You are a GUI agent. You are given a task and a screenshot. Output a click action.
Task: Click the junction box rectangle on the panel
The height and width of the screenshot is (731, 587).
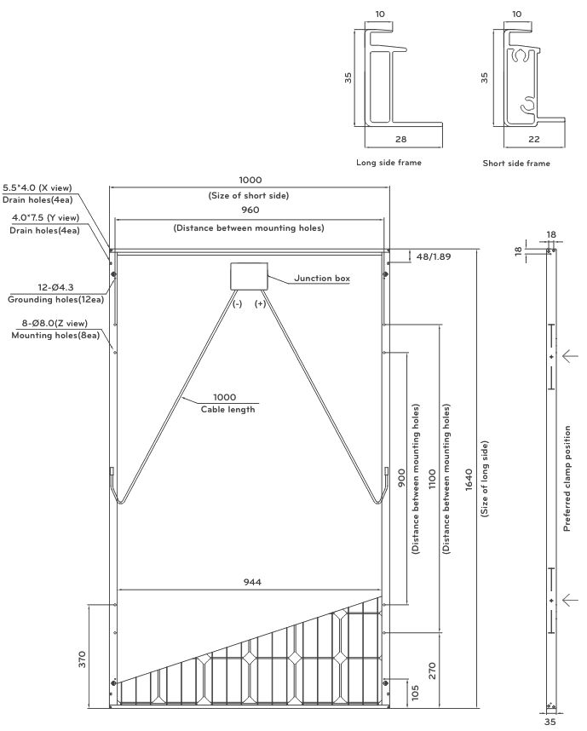pos(249,276)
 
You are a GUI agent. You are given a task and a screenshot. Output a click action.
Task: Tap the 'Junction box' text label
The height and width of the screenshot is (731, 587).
pos(322,279)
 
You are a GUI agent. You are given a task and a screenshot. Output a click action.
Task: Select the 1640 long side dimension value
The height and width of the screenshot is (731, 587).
pos(469,480)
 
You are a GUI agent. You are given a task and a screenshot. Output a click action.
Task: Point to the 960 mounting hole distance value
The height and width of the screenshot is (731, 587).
pos(250,210)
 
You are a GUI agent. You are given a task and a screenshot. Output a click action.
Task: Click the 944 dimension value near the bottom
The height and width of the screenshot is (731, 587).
pos(252,582)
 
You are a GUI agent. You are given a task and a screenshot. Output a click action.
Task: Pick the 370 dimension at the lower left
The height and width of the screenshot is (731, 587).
pos(82,659)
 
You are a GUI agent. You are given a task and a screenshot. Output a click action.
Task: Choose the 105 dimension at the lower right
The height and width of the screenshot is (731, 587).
pos(416,693)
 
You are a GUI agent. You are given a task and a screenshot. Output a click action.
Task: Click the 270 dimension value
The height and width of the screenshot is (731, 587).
pos(432,671)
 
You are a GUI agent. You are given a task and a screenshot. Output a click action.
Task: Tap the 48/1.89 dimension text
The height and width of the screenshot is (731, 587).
pos(434,256)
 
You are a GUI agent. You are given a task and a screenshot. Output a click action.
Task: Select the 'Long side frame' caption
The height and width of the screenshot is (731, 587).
pos(388,162)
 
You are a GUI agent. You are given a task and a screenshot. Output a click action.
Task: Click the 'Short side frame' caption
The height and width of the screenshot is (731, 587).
pos(516,164)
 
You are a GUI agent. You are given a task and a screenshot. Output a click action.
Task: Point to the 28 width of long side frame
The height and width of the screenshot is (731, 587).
pos(401,139)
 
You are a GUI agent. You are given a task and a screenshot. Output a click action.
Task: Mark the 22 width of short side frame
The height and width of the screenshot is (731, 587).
pos(534,139)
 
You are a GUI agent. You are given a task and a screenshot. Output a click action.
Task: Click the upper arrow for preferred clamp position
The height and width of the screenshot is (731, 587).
pos(570,356)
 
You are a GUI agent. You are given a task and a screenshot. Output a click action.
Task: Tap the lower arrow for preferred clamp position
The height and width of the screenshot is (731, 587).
pos(570,600)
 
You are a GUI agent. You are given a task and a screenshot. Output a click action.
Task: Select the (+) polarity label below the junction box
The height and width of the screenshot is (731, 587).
pos(260,303)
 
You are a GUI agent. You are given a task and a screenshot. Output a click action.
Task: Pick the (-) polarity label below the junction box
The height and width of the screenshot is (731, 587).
pos(238,304)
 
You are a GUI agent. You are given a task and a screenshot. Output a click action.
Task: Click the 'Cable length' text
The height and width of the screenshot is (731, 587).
pos(228,409)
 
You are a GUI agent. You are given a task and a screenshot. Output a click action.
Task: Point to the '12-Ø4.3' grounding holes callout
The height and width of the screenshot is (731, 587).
pos(55,287)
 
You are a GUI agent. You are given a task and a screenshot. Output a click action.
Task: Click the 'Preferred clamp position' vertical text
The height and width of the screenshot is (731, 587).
pos(567,478)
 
